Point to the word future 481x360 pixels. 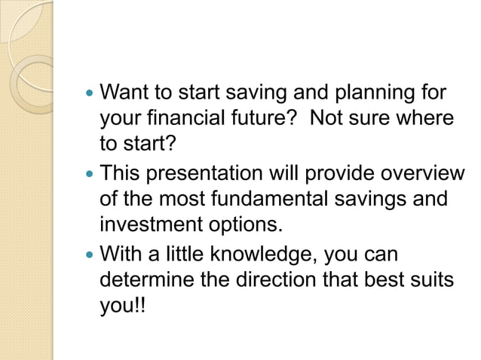point(259,118)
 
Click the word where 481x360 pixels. point(426,118)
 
